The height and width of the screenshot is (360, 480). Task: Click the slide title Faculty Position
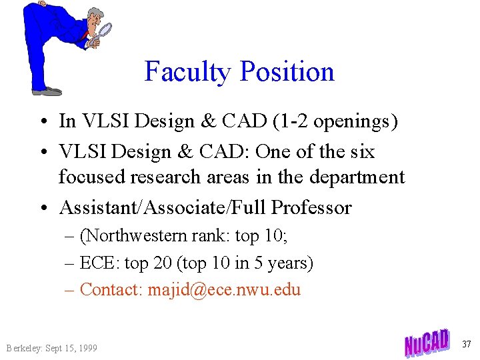pos(239,71)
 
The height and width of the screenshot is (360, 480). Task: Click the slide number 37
pos(467,344)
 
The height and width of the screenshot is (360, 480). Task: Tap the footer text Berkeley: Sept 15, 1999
pos(51,348)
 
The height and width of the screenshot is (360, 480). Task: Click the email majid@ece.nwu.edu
pos(224,290)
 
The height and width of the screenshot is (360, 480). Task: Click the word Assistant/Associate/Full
pos(163,208)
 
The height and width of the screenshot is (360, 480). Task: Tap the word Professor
pos(311,208)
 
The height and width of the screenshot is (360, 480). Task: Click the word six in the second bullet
pos(362,152)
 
